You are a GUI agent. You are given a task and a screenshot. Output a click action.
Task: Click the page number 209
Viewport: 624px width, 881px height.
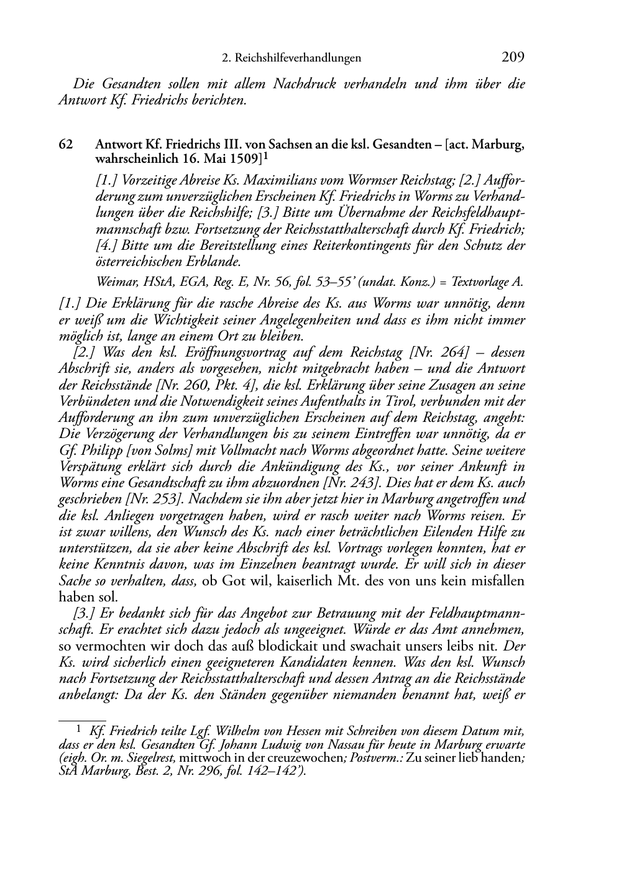pos(513,58)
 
